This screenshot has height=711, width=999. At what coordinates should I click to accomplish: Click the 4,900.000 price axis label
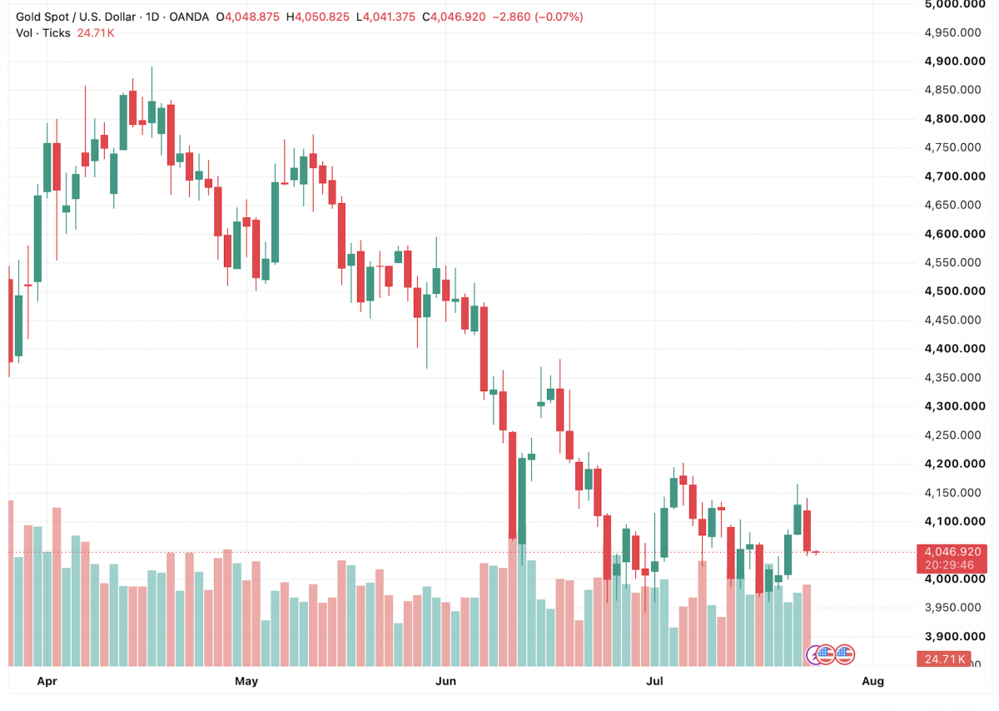pos(955,61)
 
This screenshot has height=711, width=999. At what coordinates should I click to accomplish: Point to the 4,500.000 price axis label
pos(955,291)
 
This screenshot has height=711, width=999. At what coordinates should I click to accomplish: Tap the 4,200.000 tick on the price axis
pos(955,464)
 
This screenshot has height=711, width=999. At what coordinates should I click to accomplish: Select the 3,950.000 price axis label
pos(952,608)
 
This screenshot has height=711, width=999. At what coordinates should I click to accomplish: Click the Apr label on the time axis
pos(47,681)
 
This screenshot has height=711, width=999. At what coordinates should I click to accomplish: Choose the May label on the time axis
pos(246,681)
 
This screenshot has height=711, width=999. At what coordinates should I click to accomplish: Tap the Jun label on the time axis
pos(445,681)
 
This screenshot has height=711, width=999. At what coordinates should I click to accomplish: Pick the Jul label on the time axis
pos(654,681)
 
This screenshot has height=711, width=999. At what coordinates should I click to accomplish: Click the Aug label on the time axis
pos(872,681)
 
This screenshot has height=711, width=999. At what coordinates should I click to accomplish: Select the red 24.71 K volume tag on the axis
pos(944,659)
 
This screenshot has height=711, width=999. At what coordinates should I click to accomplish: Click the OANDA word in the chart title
pos(189,17)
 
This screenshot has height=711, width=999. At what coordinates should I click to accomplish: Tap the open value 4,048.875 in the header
pos(252,17)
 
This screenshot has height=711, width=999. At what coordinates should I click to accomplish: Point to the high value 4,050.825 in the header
pos(322,17)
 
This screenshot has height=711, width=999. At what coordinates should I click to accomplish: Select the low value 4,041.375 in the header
pos(389,17)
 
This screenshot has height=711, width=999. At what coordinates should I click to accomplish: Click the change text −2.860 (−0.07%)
pos(538,17)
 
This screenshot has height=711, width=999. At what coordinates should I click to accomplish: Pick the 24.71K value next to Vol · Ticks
pos(96,33)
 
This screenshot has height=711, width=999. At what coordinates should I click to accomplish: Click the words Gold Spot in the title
pos(42,17)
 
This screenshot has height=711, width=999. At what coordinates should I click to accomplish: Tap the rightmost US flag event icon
pos(845,654)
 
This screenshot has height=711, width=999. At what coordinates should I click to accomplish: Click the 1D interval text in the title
pos(152,17)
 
